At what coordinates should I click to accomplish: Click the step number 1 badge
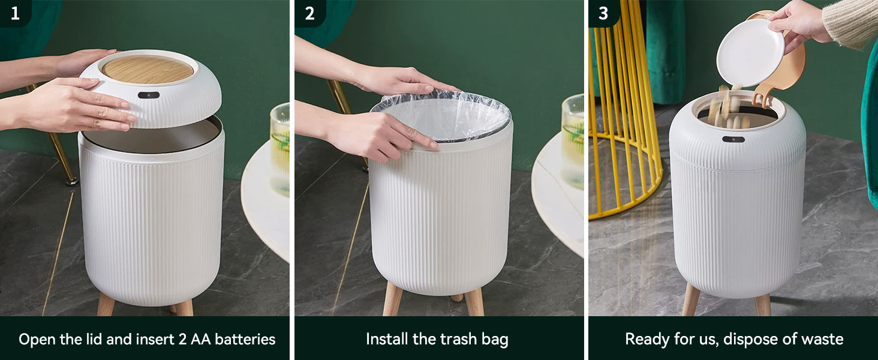tap(15, 13)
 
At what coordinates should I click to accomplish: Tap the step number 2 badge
tap(309, 13)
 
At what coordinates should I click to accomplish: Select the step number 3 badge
tap(603, 13)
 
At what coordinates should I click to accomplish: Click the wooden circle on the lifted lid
tap(148, 69)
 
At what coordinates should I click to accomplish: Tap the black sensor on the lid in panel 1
tap(148, 95)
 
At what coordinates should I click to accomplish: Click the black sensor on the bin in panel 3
tap(733, 139)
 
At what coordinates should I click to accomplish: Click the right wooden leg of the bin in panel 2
tap(474, 303)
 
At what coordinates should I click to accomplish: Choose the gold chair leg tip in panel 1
tap(71, 180)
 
